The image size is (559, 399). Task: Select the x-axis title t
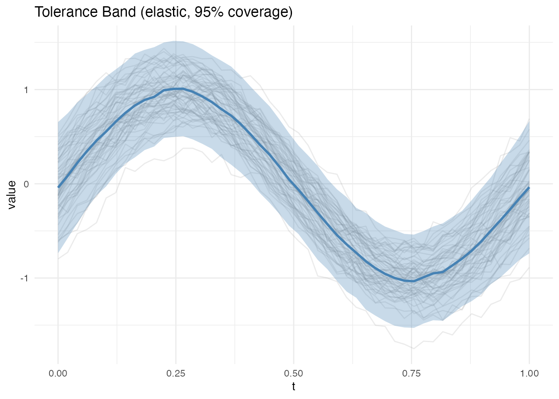294,387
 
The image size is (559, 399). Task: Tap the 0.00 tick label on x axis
58,373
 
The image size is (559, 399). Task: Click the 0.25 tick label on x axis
176,373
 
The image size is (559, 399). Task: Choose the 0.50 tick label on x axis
294,373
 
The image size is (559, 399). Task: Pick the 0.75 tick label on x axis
411,373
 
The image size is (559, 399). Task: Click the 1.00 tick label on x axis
529,373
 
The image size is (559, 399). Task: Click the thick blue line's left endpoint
58,187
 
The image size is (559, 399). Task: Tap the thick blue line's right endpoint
529,187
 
